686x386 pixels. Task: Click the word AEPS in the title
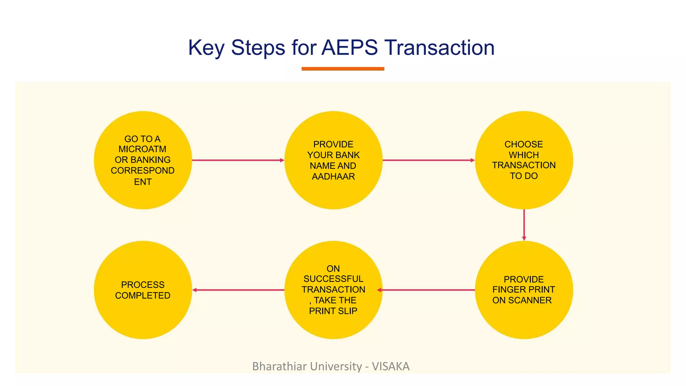pyautogui.click(x=349, y=48)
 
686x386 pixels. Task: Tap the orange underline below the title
pyautogui.click(x=343, y=69)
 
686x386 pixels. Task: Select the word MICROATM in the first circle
pyautogui.click(x=142, y=149)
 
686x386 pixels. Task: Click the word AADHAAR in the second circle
pyautogui.click(x=333, y=177)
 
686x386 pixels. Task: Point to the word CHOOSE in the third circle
pyautogui.click(x=524, y=144)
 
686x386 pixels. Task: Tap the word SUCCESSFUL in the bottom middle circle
pyautogui.click(x=333, y=279)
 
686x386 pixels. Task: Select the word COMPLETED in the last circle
pyautogui.click(x=143, y=296)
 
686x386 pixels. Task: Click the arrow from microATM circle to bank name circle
pyautogui.click(x=238, y=160)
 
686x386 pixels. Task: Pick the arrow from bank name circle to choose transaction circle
pyautogui.click(x=428, y=160)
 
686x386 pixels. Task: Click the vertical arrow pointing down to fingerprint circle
pyautogui.click(x=524, y=225)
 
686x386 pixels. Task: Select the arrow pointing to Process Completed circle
pyautogui.click(x=238, y=290)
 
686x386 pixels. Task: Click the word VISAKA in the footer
pyautogui.click(x=391, y=366)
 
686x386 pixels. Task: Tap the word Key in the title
pyautogui.click(x=206, y=48)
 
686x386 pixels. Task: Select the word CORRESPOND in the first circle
pyautogui.click(x=142, y=171)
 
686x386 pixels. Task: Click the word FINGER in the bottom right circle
pyautogui.click(x=508, y=289)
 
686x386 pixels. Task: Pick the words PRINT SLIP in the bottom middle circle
pyautogui.click(x=333, y=311)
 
